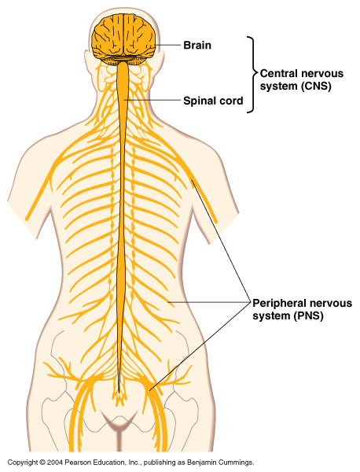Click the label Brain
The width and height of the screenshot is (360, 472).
coord(197,45)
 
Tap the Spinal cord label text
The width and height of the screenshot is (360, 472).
coord(213,101)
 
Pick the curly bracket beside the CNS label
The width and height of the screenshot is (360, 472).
coord(252,75)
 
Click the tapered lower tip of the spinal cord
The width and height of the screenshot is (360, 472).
coord(119,392)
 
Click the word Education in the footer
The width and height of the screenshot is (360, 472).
coord(103,462)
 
